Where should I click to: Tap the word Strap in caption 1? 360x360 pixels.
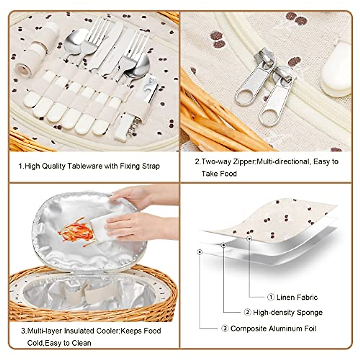[x=150, y=166]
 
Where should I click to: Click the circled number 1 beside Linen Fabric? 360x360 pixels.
[x=271, y=297]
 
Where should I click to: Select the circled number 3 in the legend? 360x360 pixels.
[x=225, y=329]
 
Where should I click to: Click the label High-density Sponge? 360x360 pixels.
[x=287, y=313]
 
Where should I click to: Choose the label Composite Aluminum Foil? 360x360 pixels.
[x=273, y=329]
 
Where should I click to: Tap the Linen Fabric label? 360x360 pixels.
[x=297, y=297]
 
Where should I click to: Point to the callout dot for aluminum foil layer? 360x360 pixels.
[x=200, y=252]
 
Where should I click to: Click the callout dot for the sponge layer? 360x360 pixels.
[x=223, y=245]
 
